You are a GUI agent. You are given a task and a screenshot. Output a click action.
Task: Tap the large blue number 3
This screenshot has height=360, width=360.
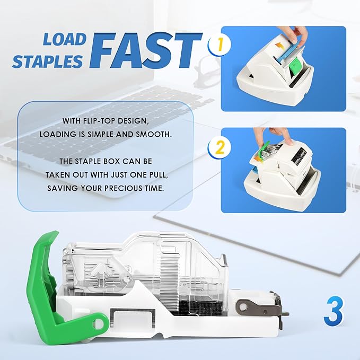click(334, 313)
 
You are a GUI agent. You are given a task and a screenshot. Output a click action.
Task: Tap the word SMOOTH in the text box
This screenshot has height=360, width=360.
click(155, 134)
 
